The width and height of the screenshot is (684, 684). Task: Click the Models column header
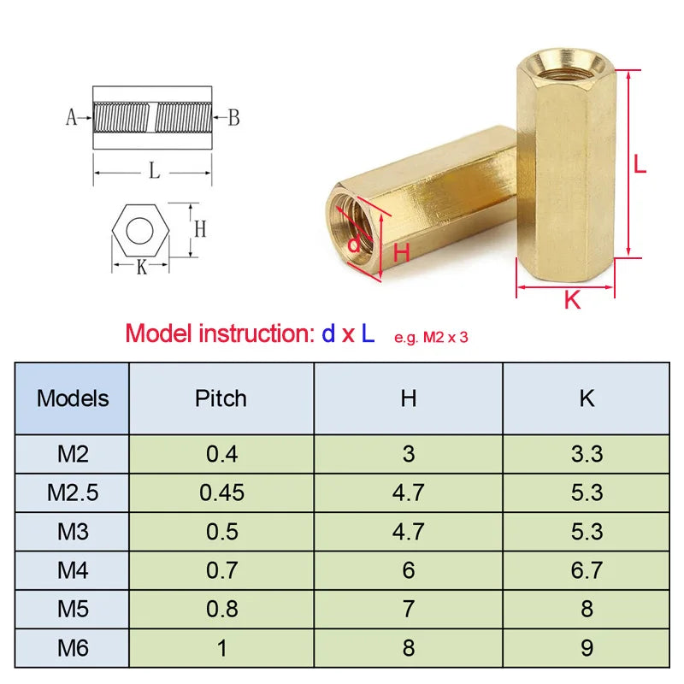(73, 398)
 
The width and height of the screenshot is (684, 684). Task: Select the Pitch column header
(221, 398)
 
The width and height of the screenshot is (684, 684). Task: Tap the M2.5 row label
(73, 492)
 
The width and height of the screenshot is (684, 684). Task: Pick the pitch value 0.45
(221, 492)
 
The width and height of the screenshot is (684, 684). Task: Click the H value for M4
(408, 570)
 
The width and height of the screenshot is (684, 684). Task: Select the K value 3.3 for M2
(587, 453)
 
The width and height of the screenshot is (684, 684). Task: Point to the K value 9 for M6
(587, 648)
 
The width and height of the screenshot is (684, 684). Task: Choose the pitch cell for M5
(221, 609)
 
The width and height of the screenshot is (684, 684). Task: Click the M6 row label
(73, 648)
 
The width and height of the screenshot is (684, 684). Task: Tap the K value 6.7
(587, 570)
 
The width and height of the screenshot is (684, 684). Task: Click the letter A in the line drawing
(72, 118)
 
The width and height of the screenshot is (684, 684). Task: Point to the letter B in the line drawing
(233, 118)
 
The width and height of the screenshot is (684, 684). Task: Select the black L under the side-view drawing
(154, 171)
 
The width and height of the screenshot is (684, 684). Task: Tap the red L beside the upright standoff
(640, 163)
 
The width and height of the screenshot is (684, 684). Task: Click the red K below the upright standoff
(572, 300)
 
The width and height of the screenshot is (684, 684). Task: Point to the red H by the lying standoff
(402, 252)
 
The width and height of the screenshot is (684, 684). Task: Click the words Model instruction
(219, 333)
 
